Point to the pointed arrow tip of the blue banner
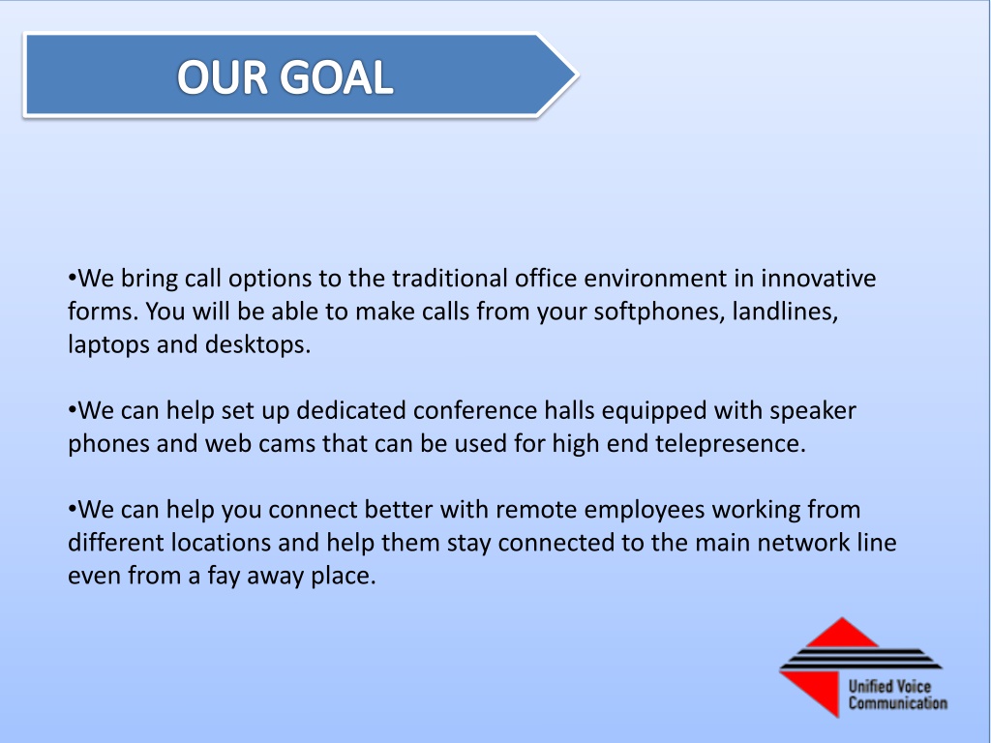click(577, 74)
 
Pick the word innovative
click(818, 278)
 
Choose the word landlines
click(785, 312)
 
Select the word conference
click(475, 410)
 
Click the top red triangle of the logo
click(842, 632)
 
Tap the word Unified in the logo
click(870, 686)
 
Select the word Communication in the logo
click(897, 702)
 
